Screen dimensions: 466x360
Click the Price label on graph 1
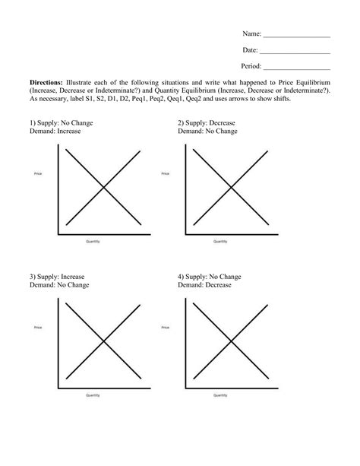click(x=38, y=174)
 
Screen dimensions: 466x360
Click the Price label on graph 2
click(x=166, y=174)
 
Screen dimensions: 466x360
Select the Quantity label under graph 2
click(x=220, y=241)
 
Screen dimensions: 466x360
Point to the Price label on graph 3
click(x=38, y=328)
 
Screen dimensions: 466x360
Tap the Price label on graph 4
click(x=166, y=328)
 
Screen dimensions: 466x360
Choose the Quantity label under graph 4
click(x=220, y=395)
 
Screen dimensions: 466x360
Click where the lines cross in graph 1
click(x=102, y=187)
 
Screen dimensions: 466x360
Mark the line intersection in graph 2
click(x=230, y=187)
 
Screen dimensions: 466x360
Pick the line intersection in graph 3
click(x=102, y=341)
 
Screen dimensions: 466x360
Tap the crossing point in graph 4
click(x=230, y=341)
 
